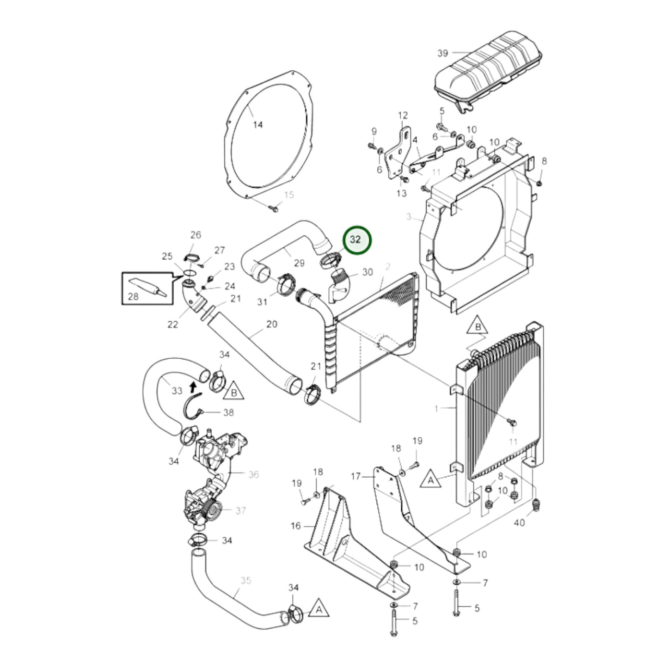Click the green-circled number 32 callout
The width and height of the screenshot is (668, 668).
tap(356, 240)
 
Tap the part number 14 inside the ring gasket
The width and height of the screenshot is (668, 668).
tap(258, 124)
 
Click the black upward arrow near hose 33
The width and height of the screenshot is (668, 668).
tap(193, 386)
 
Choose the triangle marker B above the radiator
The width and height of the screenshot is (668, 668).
tap(478, 327)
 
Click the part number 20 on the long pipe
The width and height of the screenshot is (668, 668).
tap(272, 324)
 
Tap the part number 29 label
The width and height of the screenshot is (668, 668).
tap(299, 263)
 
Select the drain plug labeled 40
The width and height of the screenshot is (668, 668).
tap(536, 505)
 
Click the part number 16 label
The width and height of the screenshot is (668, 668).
tap(295, 526)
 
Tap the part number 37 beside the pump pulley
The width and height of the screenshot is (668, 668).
tap(241, 510)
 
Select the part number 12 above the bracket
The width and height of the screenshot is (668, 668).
tap(403, 115)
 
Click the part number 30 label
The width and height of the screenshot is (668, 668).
tap(367, 272)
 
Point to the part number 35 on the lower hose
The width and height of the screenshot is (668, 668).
tap(245, 580)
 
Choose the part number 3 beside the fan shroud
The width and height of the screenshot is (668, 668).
tap(409, 217)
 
